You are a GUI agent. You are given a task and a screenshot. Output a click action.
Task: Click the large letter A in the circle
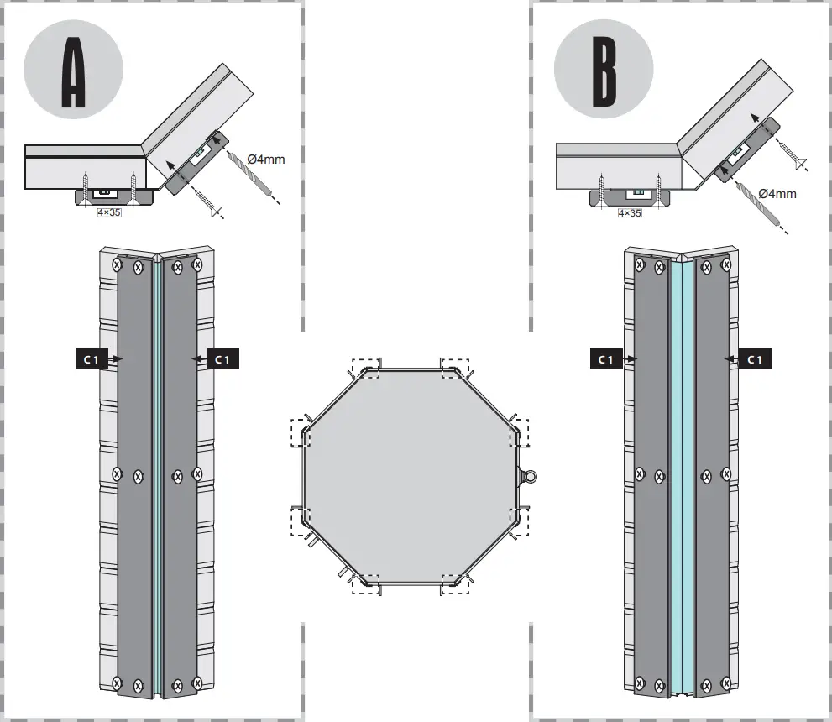74,73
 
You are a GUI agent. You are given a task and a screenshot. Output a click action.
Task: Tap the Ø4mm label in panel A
265,158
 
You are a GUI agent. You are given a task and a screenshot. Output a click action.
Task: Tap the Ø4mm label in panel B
777,193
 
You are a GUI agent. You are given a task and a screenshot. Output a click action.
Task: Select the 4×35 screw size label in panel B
629,213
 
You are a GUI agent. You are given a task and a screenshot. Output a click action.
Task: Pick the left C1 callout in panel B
605,358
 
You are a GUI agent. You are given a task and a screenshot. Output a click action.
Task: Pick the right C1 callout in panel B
754,358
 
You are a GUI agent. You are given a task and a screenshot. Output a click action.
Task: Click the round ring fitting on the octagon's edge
529,477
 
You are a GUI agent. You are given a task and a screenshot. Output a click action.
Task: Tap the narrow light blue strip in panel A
157,470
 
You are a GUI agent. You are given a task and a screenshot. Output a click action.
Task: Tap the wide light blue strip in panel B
682,470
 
